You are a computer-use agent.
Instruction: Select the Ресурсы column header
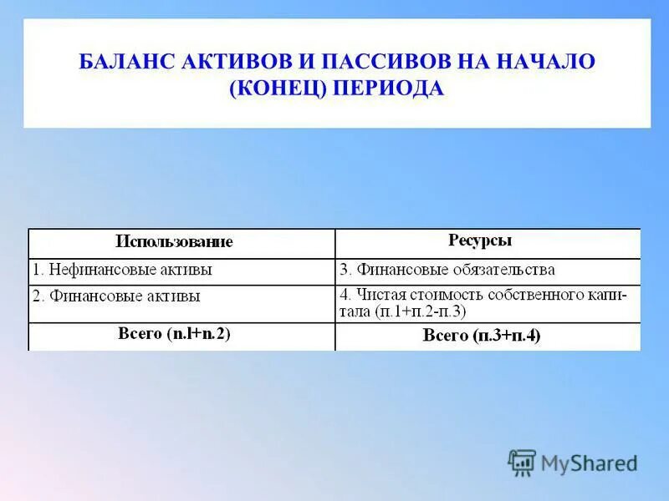(x=480, y=240)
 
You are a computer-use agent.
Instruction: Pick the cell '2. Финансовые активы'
(x=116, y=296)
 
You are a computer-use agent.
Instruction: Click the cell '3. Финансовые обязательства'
(x=447, y=271)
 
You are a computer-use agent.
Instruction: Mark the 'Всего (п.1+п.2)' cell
(x=174, y=334)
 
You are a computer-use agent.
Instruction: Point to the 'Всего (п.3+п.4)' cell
(x=482, y=336)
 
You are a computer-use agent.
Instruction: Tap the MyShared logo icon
(x=522, y=462)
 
